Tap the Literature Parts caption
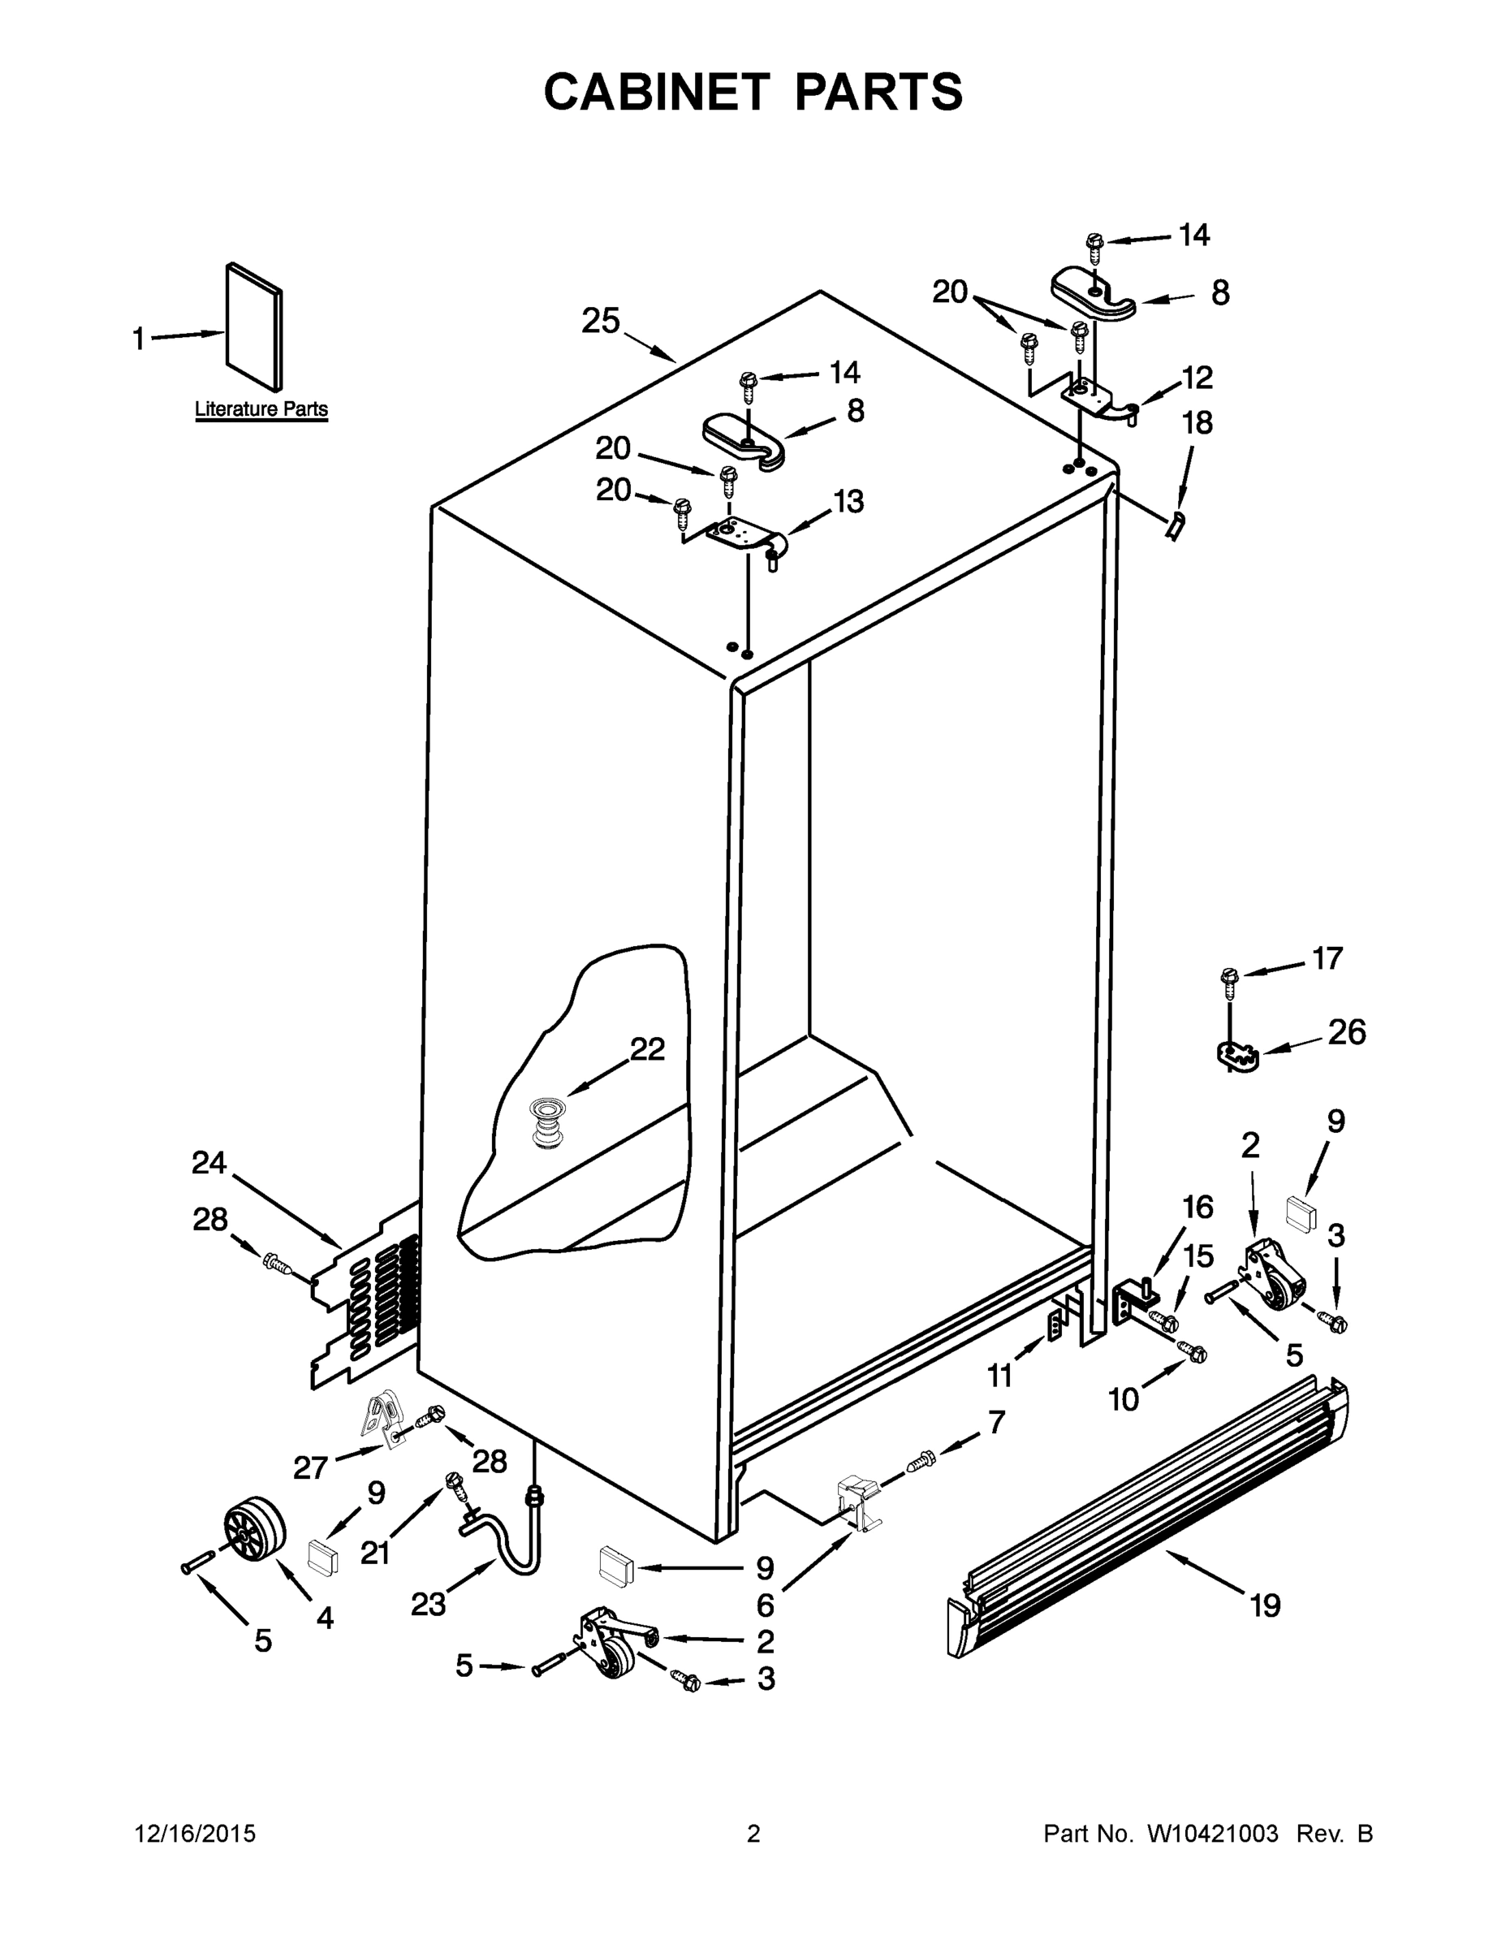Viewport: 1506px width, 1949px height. pos(261,409)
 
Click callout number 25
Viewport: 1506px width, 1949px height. pos(601,322)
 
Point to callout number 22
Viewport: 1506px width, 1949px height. pos(647,1049)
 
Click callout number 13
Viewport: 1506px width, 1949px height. pos(848,502)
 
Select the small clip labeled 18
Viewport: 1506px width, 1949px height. pos(1175,525)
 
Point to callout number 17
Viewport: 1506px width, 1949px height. pos(1327,958)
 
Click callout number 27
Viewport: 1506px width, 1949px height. pos(309,1467)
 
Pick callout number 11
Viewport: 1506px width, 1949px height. pos(999,1376)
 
